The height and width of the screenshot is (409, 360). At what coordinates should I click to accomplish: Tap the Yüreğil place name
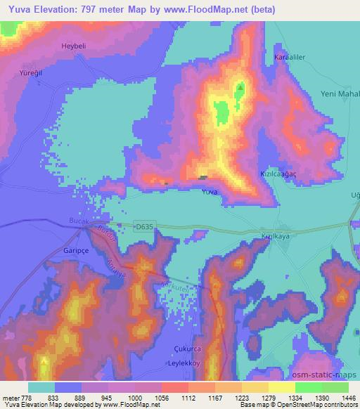[32, 73]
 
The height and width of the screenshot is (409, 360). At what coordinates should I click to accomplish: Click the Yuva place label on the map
[209, 192]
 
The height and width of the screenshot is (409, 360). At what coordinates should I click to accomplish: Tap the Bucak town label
[73, 220]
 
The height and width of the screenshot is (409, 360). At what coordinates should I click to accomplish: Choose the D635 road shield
[143, 226]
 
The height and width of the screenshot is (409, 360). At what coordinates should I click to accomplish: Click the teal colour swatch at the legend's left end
[41, 387]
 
